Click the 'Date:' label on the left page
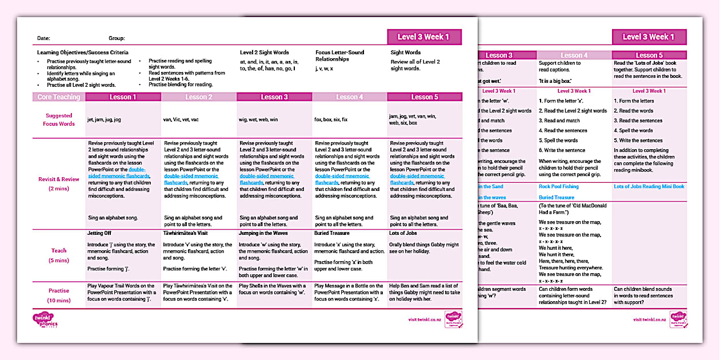pos(44,38)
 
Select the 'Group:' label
pos(117,38)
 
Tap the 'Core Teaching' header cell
pos(59,97)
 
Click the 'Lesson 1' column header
pos(123,97)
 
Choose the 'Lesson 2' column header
pos(199,97)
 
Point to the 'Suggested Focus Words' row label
pos(59,119)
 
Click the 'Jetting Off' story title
pos(100,233)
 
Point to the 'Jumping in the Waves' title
pos(263,233)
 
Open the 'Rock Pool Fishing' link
pos(558,186)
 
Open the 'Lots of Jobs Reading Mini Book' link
pos(649,186)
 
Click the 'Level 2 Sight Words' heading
pos(264,53)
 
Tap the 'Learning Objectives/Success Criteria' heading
pos(83,53)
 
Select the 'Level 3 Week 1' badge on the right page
pos(648,37)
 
